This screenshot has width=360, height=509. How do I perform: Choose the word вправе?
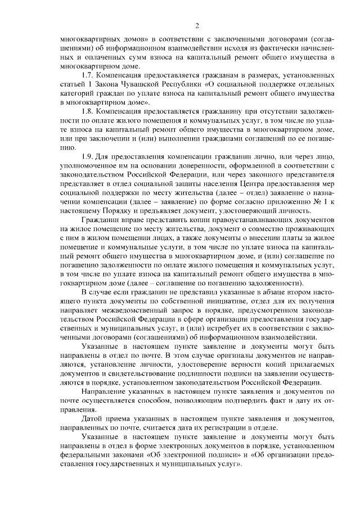pyautogui.click(x=129, y=219)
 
